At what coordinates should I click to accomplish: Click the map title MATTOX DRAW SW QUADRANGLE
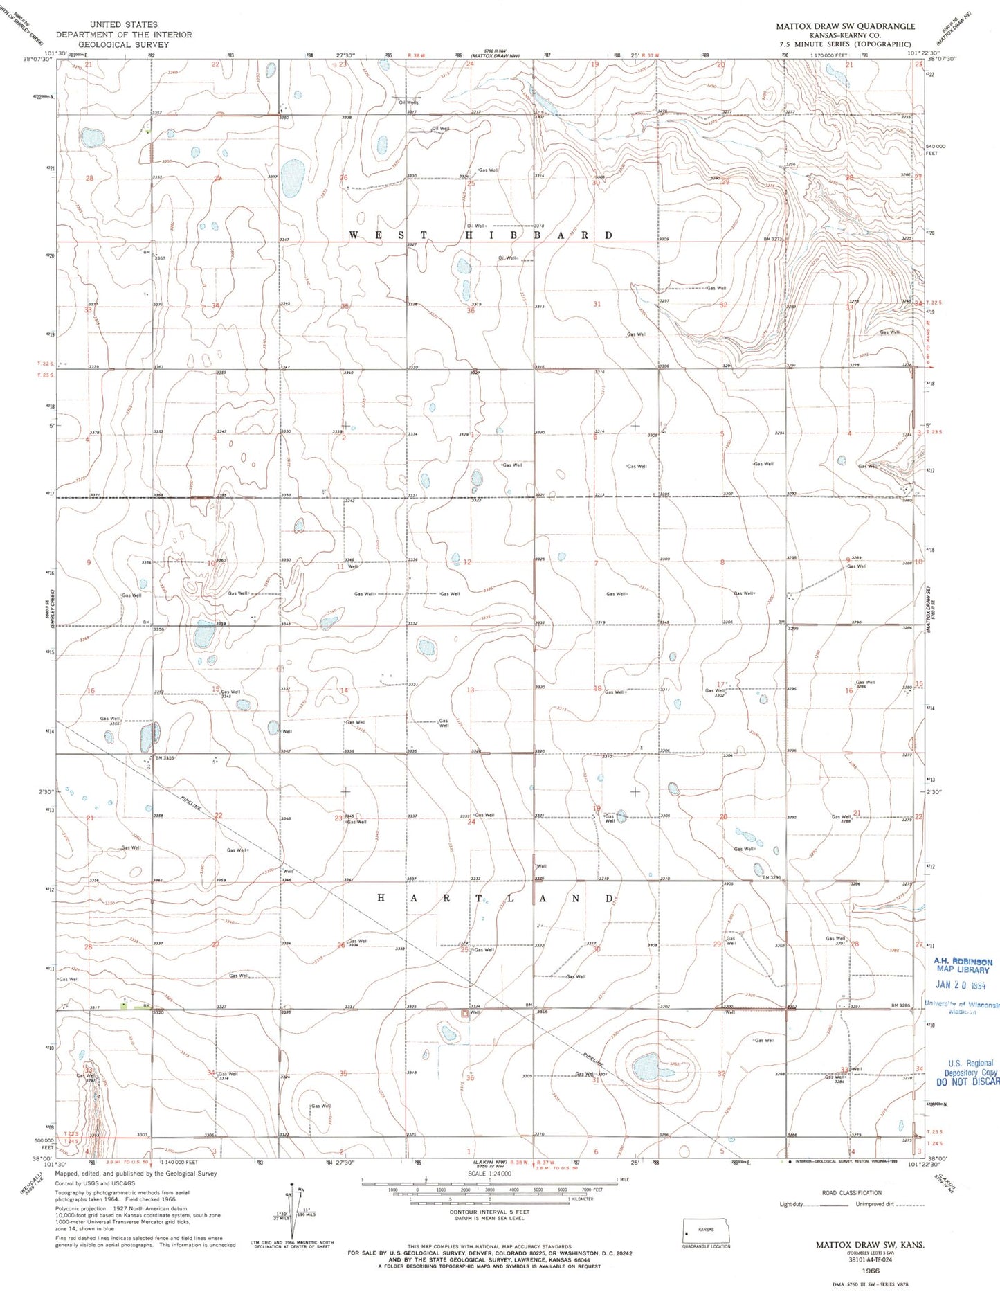tap(844, 26)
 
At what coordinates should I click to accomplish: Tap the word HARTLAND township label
tap(495, 899)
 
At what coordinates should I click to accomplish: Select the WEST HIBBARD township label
tap(480, 235)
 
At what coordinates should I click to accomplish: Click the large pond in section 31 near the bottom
tap(645, 1068)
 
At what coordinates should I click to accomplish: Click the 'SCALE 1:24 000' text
tap(489, 1174)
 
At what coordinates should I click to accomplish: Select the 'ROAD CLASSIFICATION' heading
tap(851, 1193)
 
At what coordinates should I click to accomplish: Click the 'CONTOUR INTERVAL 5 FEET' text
tap(489, 1212)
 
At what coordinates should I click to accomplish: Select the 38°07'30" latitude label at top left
tap(38, 60)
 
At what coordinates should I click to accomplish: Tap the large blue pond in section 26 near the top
tap(293, 178)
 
